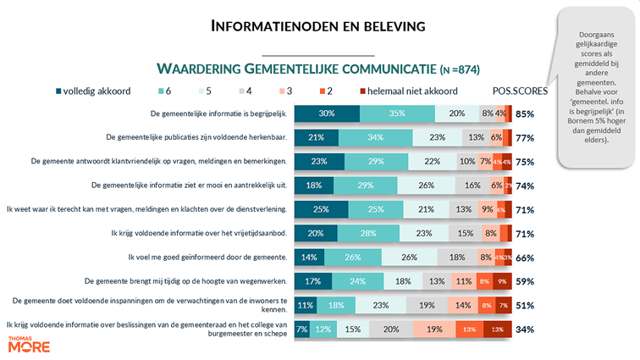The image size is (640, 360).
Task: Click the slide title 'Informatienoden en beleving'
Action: point(317,27)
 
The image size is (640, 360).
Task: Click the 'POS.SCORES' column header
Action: point(520,90)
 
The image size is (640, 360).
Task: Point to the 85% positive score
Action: point(525,114)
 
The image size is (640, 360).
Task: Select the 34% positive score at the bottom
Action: point(525,330)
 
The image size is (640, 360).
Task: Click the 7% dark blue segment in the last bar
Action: point(301,330)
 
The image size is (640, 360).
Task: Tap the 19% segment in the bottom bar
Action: point(433,330)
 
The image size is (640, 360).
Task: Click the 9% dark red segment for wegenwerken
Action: point(504,281)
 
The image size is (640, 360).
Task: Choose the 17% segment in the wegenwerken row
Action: point(312,281)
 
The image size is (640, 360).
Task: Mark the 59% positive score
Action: point(525,281)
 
